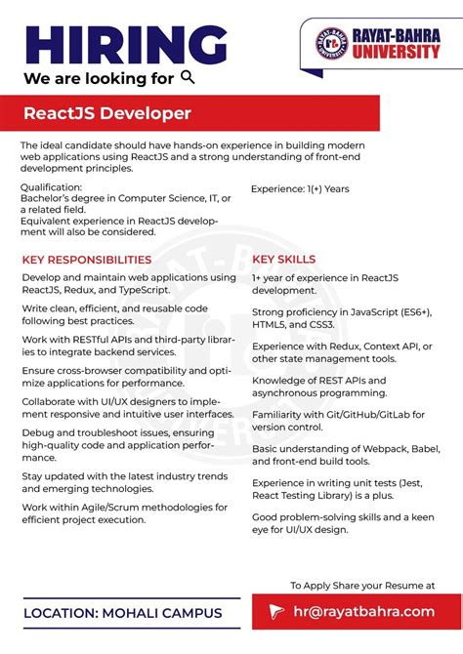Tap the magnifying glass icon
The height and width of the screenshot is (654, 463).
click(x=189, y=77)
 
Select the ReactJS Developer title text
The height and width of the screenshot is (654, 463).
click(x=107, y=114)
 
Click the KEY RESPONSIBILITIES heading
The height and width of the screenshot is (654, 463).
click(x=87, y=260)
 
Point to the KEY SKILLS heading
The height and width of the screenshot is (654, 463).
click(x=283, y=260)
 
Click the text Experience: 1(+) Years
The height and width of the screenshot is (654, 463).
click(x=300, y=189)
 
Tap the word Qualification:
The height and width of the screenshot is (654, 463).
click(x=52, y=186)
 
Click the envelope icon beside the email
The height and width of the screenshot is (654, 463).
click(x=276, y=612)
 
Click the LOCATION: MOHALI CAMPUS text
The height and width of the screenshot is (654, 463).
click(x=122, y=613)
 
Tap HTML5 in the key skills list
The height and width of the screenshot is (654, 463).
click(x=271, y=325)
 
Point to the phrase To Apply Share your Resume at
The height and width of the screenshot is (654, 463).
click(x=362, y=585)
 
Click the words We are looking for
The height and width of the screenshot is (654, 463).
click(x=99, y=78)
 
